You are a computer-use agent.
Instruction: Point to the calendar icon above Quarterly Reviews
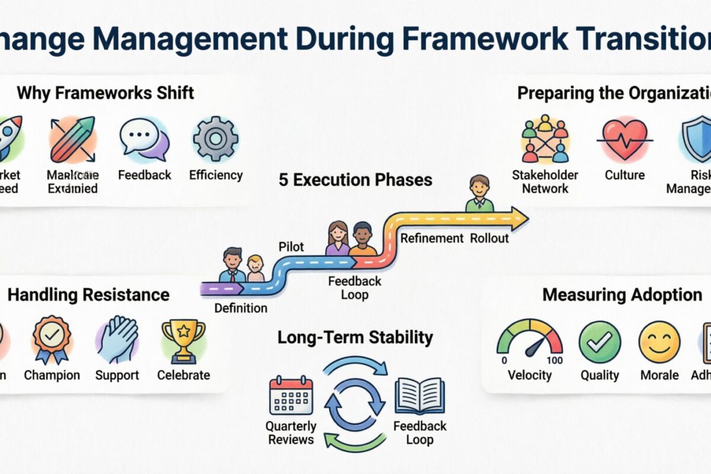tap(291, 395)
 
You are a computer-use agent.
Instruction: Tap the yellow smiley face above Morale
tap(659, 342)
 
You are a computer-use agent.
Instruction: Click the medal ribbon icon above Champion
tap(52, 340)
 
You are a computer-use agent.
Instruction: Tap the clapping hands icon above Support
tap(117, 340)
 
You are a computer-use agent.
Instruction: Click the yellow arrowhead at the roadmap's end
tap(519, 219)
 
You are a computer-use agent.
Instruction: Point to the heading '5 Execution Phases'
tap(355, 180)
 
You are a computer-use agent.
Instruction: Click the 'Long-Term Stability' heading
tap(355, 338)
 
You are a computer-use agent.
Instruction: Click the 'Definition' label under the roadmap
tap(241, 308)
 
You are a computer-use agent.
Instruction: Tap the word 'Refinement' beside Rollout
tap(432, 238)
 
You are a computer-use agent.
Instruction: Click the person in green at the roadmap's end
tap(479, 194)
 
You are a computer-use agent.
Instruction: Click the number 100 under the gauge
tap(555, 360)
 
